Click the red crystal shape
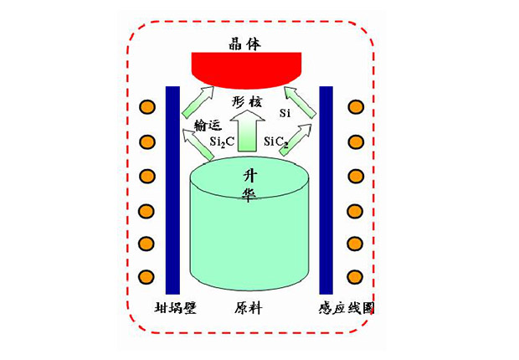pos(247,70)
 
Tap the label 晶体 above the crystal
pos(244,44)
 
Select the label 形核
pos(247,101)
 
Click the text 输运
pos(208,125)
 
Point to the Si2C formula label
pos(222,141)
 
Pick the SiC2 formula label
pos(276,142)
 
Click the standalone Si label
pos(285,113)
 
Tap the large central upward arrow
pos(247,131)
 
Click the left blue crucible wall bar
pos(172,190)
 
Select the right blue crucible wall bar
pos(326,190)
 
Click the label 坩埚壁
pos(176,308)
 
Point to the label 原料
pos(249,308)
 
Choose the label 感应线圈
pos(347,308)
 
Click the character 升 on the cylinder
pos(249,175)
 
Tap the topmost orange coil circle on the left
pos(146,107)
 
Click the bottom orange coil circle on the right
pos(356,277)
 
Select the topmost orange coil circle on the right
pos(356,107)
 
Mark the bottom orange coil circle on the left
pos(146,277)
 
